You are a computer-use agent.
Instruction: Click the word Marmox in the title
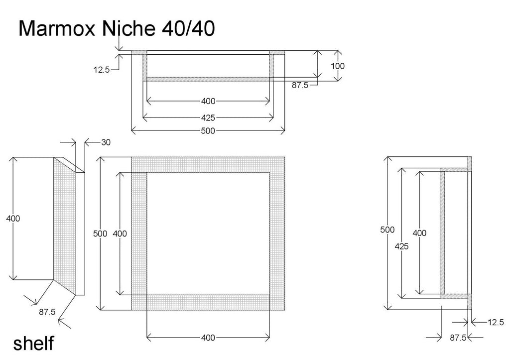(x=57, y=28)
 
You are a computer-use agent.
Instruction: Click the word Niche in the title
(x=128, y=28)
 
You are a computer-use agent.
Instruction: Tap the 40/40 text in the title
(x=188, y=28)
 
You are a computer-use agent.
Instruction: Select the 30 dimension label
(x=106, y=142)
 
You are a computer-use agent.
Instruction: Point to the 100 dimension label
(x=338, y=66)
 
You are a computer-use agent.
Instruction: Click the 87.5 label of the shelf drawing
(x=47, y=312)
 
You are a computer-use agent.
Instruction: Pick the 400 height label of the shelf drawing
(x=13, y=218)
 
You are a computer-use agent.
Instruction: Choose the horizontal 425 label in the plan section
(x=208, y=118)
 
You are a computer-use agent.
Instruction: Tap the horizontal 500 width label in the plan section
(x=208, y=131)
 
